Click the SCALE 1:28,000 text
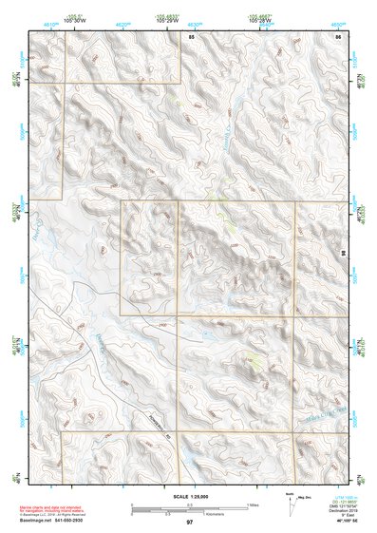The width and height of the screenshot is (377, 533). pyautogui.click(x=188, y=496)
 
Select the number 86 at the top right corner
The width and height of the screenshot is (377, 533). pyautogui.click(x=337, y=35)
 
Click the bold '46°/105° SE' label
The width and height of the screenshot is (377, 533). pyautogui.click(x=338, y=523)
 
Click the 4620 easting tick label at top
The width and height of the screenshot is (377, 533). pyautogui.click(x=122, y=19)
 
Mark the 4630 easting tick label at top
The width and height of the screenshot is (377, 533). pyautogui.click(x=194, y=19)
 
